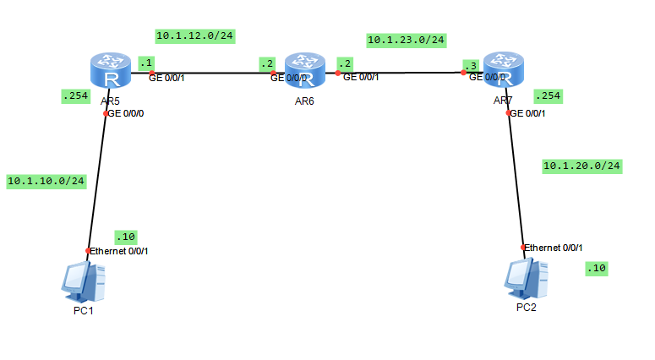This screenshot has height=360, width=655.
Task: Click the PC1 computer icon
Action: coord(84,281)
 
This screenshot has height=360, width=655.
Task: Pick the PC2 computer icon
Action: coord(526,278)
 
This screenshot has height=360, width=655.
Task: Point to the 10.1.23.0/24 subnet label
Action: coord(406,40)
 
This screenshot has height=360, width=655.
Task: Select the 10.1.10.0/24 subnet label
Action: coord(46,181)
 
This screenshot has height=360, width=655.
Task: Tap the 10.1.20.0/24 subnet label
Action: coord(582,166)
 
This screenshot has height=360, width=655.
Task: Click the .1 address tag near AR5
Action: coord(146,63)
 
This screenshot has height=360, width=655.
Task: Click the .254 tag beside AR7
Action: coord(549,96)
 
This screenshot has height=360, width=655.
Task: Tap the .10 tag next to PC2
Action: coord(597,268)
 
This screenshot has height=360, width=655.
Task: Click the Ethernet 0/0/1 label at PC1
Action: coord(121,251)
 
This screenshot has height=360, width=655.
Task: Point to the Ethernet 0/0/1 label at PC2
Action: coord(554,248)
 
